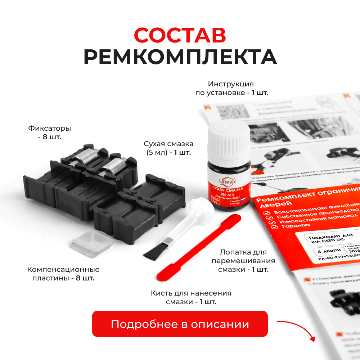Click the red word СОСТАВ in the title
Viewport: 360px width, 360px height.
(180, 35)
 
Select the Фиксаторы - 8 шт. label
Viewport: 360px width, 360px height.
(49, 132)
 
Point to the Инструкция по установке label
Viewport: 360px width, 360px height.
(231, 89)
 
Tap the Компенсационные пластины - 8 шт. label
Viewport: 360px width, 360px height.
(63, 274)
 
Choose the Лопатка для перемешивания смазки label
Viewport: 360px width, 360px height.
(243, 261)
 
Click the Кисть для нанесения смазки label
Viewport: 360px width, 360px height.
(191, 297)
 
